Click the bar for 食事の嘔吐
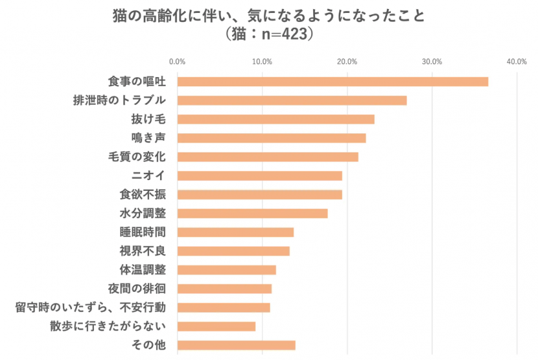click(332, 82)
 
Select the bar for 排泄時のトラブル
click(292, 100)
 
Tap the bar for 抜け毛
click(276, 119)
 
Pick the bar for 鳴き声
click(271, 138)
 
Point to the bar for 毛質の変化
click(267, 157)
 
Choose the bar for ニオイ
click(260, 175)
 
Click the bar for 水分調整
click(253, 213)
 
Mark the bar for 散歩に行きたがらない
click(216, 326)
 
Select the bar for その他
click(236, 345)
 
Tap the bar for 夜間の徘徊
click(224, 289)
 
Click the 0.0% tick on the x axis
click(177, 62)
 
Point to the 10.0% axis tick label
click(262, 62)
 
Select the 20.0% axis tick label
click(347, 62)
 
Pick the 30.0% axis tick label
click(432, 62)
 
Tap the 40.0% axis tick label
click(517, 62)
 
